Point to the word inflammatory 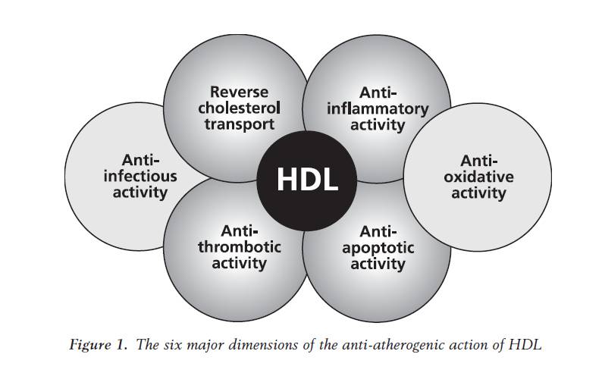377,108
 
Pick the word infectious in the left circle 140,176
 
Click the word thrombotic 239,246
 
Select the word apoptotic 377,248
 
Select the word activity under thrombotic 239,263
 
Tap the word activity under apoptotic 377,265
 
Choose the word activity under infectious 140,193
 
